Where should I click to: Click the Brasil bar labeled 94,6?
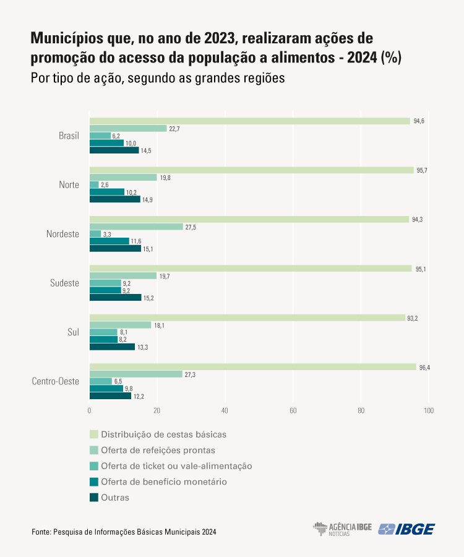pos(250,121)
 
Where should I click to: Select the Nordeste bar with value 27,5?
pos(136,227)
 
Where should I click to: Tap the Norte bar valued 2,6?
pos(94,185)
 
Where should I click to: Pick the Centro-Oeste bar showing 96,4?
pos(253,367)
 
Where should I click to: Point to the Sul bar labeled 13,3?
pos(112,347)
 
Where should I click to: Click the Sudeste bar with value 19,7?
pos(123,276)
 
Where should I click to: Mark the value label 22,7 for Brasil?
pos(174,129)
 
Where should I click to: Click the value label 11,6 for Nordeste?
pos(136,241)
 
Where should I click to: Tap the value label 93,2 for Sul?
pos(413,318)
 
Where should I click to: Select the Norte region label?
pos(69,184)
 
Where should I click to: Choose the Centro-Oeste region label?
pos(56,381)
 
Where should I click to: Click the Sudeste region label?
pos(64,283)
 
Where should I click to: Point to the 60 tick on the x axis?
pos(293,411)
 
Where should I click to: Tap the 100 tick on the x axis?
pos(428,411)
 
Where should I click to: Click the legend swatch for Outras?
pos(94,498)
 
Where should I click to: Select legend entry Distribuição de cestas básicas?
pos(163,434)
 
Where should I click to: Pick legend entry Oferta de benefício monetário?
pos(163,481)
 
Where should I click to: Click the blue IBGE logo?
pos(406,529)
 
